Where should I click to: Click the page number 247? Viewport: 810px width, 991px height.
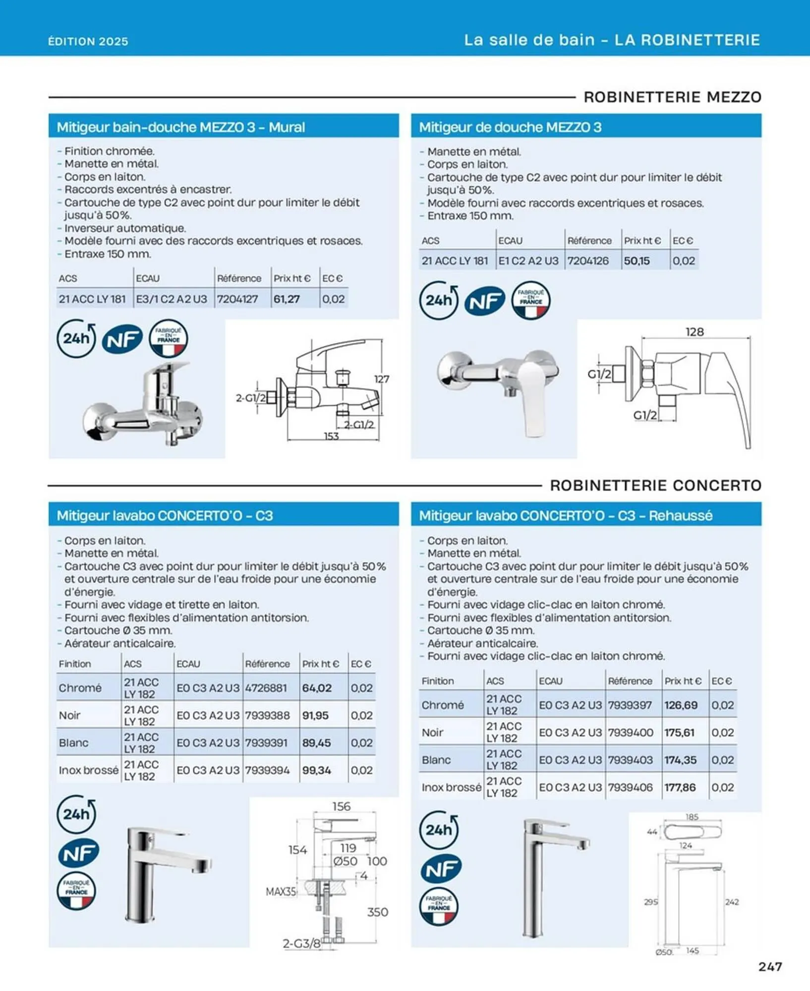coord(770,966)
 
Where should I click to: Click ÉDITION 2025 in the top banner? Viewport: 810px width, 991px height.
coord(88,41)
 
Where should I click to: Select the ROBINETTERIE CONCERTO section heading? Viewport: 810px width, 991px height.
coord(655,485)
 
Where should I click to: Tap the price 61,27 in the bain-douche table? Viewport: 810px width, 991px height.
coord(287,299)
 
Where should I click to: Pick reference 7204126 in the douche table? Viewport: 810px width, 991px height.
coord(588,261)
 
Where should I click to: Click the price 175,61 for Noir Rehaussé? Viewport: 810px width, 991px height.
coord(680,732)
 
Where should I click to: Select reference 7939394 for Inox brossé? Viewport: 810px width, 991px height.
coord(267,770)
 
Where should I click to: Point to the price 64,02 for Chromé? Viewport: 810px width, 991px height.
coord(316,688)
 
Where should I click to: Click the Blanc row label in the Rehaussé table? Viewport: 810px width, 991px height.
coord(436,760)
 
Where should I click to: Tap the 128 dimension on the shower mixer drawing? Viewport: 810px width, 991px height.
coord(694,331)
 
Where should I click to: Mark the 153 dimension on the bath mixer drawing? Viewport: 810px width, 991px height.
coord(331,436)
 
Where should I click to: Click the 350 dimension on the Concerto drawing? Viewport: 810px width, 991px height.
coord(377,912)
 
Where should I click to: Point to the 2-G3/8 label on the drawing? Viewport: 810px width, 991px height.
coord(301,943)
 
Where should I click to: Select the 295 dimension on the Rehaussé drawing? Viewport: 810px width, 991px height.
coord(650,902)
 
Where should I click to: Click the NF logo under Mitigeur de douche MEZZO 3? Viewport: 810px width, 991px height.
coord(484,300)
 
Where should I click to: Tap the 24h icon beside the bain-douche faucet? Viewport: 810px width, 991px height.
coord(76,338)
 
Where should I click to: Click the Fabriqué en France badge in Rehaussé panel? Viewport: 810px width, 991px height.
coord(439,907)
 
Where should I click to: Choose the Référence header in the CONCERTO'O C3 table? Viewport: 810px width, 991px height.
coord(267,663)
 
